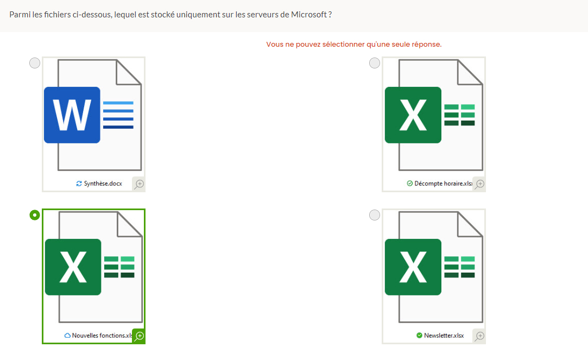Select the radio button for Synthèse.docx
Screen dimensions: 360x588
point(35,63)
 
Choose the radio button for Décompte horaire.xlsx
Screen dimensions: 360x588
point(375,63)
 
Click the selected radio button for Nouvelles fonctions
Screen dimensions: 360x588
point(35,215)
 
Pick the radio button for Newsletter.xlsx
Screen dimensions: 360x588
point(375,215)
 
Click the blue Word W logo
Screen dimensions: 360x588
point(72,115)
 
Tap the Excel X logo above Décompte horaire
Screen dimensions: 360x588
point(413,115)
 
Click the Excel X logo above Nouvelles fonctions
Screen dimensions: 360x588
point(73,267)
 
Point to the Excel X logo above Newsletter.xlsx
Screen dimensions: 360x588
point(413,267)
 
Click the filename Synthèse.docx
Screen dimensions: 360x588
point(103,184)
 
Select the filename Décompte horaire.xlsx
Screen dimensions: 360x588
point(443,184)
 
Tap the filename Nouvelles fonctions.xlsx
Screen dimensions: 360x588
point(102,336)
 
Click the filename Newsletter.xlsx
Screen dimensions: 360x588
point(444,336)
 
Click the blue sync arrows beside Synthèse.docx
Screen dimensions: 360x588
point(79,184)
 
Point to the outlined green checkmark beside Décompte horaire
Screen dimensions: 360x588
point(410,184)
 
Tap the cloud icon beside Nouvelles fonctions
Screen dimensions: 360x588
point(68,336)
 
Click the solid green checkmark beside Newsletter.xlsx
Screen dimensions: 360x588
point(419,336)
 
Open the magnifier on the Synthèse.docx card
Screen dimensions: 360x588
point(139,184)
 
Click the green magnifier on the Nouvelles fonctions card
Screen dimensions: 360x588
point(139,336)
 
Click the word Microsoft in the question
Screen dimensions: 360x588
point(309,15)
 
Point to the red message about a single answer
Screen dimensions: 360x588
point(353,45)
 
